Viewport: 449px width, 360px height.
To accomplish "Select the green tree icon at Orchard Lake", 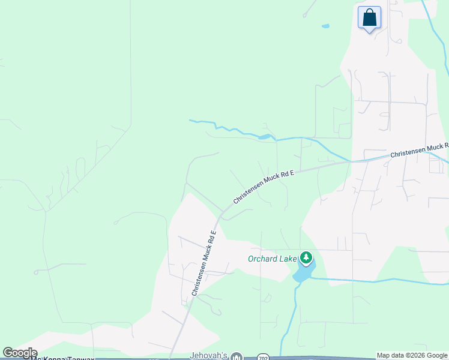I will coord(306,258).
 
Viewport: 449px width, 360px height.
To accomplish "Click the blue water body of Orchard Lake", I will coord(303,273).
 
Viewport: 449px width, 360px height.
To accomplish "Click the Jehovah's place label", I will coord(209,356).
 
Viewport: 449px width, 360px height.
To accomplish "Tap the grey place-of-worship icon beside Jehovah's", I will coord(237,356).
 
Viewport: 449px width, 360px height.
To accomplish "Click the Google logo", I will coord(20,353).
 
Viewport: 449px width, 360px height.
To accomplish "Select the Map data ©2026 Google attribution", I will coord(412,355).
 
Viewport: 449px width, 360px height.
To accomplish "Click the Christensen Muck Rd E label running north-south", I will coord(203,263).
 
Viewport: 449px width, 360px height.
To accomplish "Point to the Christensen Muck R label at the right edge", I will coord(420,151).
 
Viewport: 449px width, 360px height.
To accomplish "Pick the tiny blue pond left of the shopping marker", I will coord(325,26).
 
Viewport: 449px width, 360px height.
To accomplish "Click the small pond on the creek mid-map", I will coord(264,137).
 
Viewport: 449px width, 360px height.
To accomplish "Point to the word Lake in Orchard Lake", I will coord(289,259).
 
